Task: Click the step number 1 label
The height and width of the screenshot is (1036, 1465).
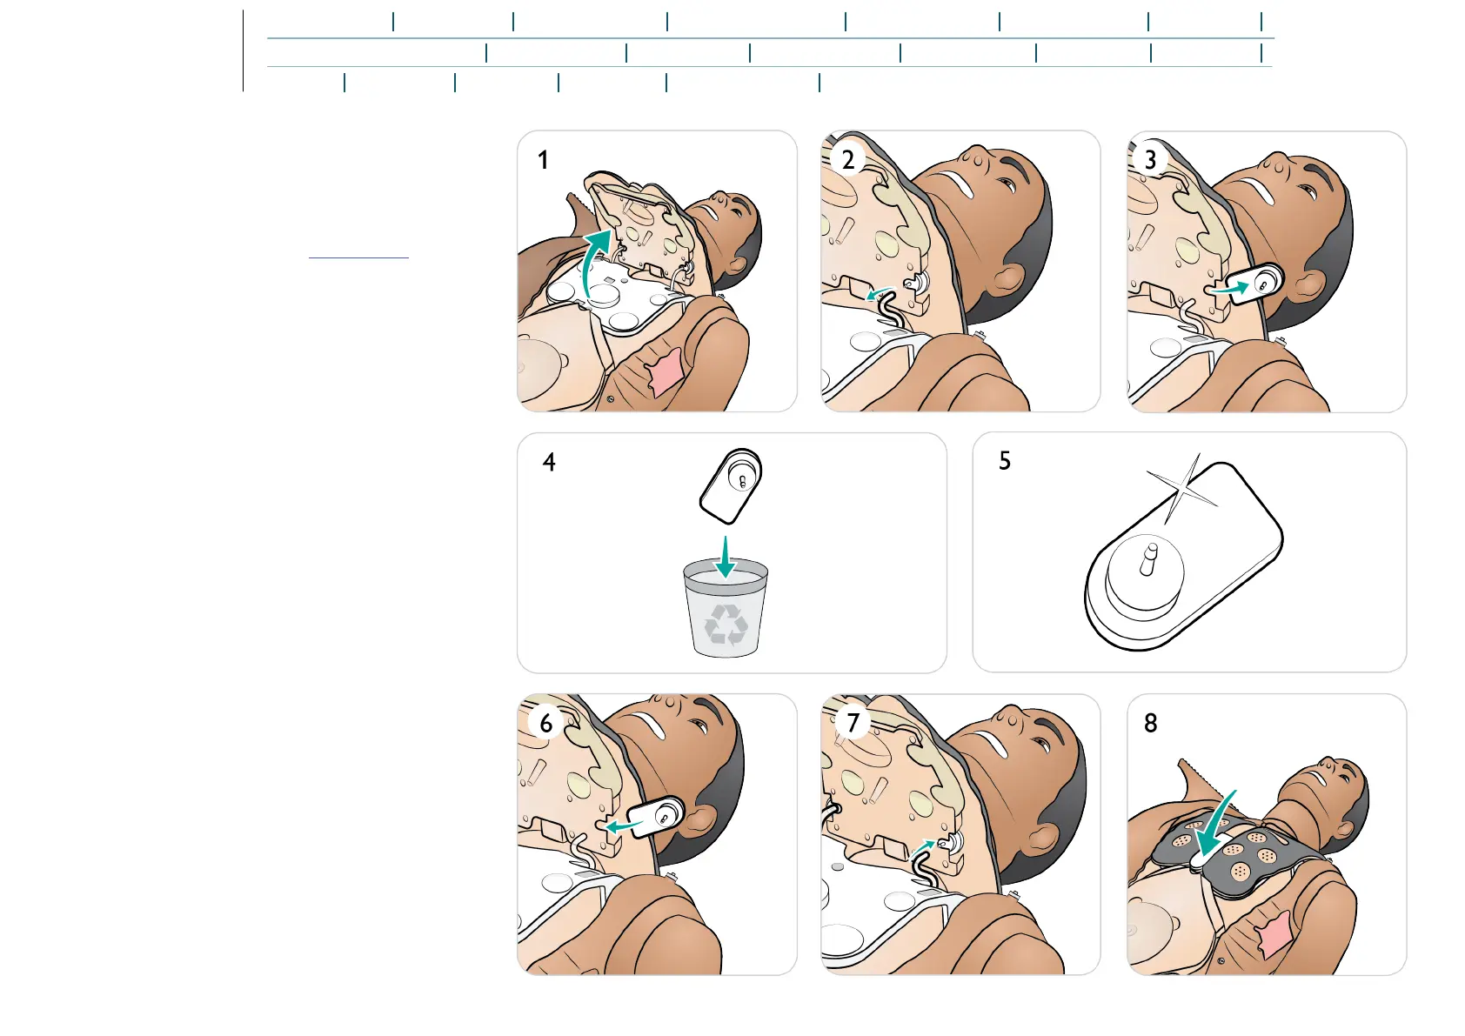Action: click(543, 160)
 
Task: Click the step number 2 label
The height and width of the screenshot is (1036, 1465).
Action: click(848, 160)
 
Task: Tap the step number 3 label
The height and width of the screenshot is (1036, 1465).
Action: click(1150, 160)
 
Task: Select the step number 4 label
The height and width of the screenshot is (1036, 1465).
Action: click(549, 462)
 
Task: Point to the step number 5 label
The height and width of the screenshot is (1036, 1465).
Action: click(1005, 461)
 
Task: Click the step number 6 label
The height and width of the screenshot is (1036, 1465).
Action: click(545, 724)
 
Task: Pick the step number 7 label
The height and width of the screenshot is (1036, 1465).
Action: click(853, 723)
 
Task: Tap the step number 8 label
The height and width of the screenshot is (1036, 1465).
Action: click(1150, 723)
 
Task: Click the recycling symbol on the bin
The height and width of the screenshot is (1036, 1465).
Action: click(726, 624)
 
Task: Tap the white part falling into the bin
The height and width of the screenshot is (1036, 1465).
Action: click(732, 485)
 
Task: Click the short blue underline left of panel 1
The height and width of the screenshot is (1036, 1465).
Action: click(358, 258)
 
